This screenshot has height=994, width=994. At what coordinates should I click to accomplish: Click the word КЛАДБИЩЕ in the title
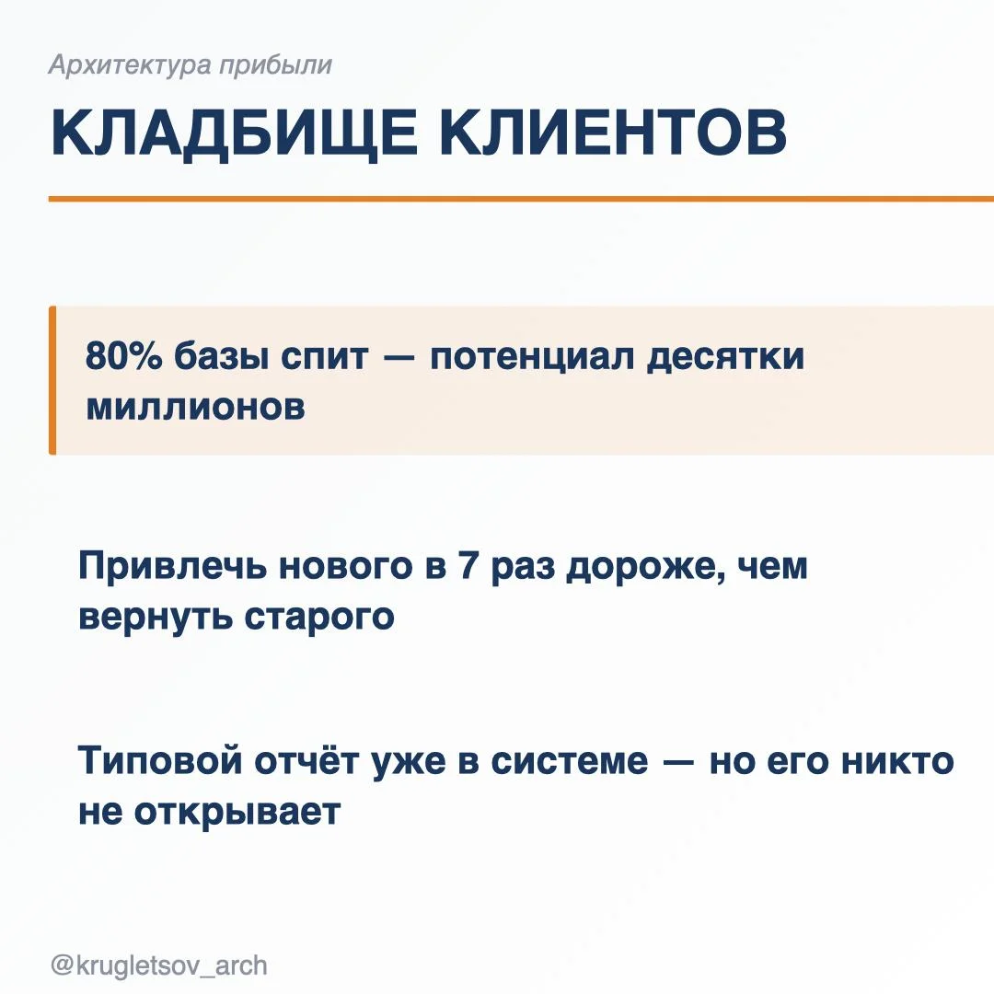(234, 133)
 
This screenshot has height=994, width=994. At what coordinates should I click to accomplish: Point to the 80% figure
(123, 355)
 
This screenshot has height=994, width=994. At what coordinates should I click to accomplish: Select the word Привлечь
(172, 566)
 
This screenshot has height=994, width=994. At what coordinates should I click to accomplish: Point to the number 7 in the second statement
(468, 565)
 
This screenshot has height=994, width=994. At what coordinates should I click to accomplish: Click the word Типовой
(160, 761)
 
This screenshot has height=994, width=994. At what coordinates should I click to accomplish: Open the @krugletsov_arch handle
(159, 966)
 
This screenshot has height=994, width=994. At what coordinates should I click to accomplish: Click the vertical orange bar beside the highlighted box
(52, 380)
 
